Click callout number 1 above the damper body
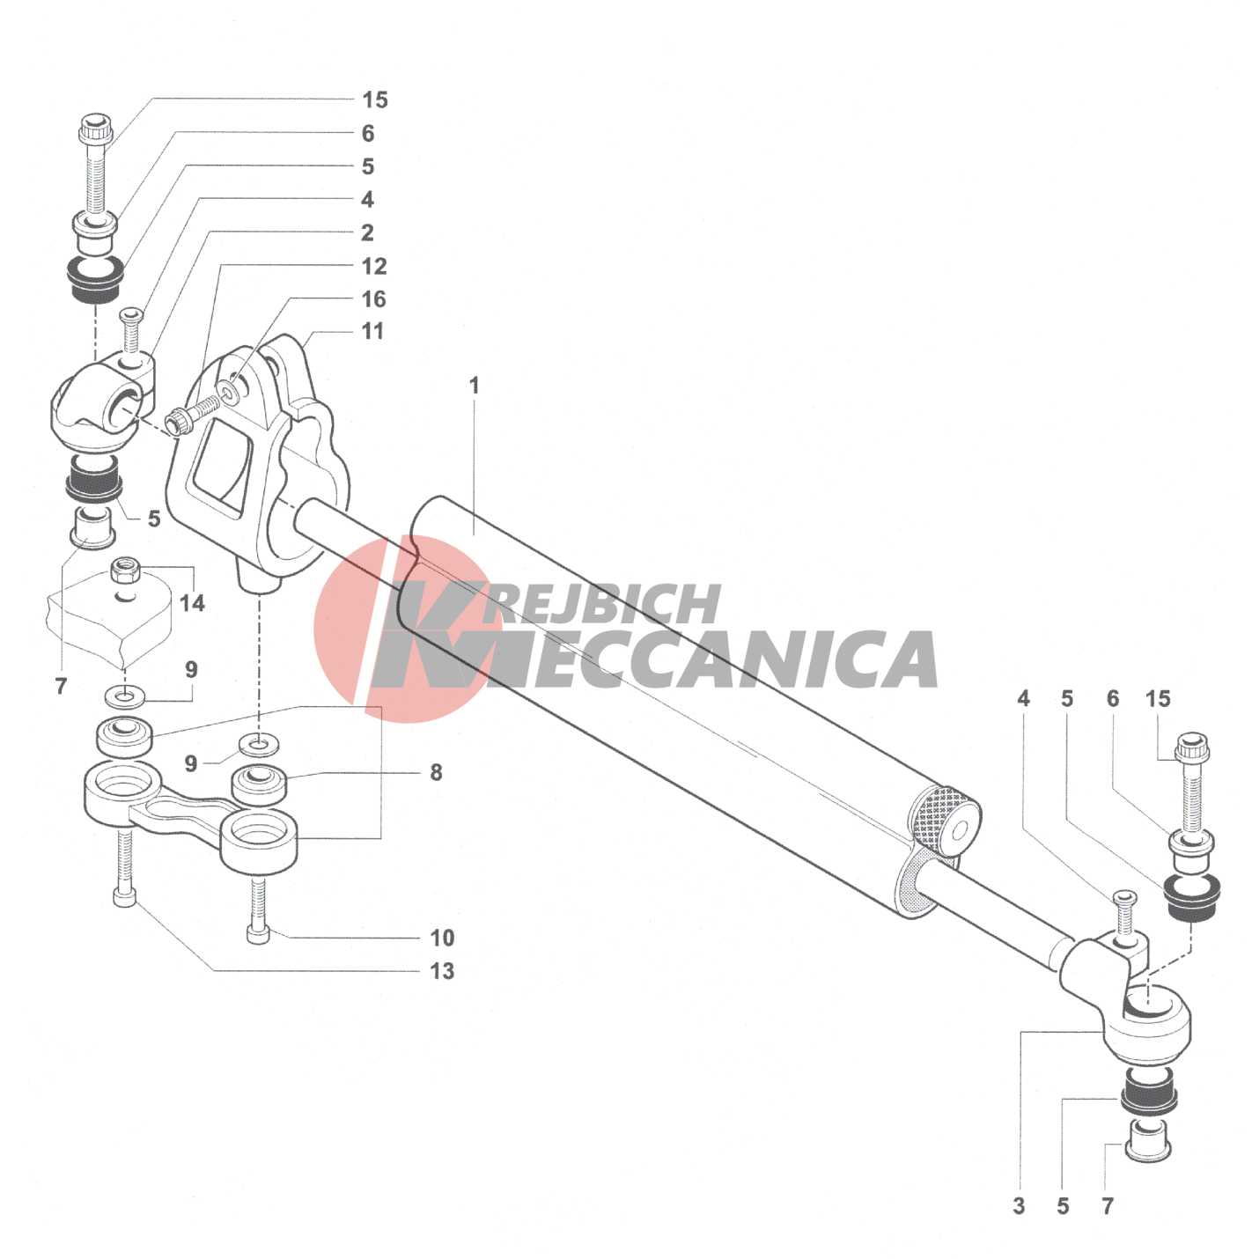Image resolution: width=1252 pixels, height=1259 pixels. point(475,386)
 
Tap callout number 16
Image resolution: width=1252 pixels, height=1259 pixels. point(374,299)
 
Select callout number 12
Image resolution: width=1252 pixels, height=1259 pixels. point(374,266)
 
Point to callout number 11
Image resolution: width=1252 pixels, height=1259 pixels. point(372,331)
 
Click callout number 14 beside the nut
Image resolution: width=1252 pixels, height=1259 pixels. point(192,602)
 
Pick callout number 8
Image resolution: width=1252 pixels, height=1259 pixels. point(436,772)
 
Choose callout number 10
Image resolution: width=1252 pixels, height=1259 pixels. point(442,938)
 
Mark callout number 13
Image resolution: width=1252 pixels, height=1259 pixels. point(442,971)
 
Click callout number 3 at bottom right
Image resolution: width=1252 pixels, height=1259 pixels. point(1019,1206)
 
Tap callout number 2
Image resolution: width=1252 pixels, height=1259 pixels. point(367,232)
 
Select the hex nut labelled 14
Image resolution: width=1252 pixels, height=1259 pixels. point(125,573)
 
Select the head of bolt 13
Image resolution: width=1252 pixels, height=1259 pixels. point(124,898)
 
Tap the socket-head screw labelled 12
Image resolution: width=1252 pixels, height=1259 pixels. point(192,415)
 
